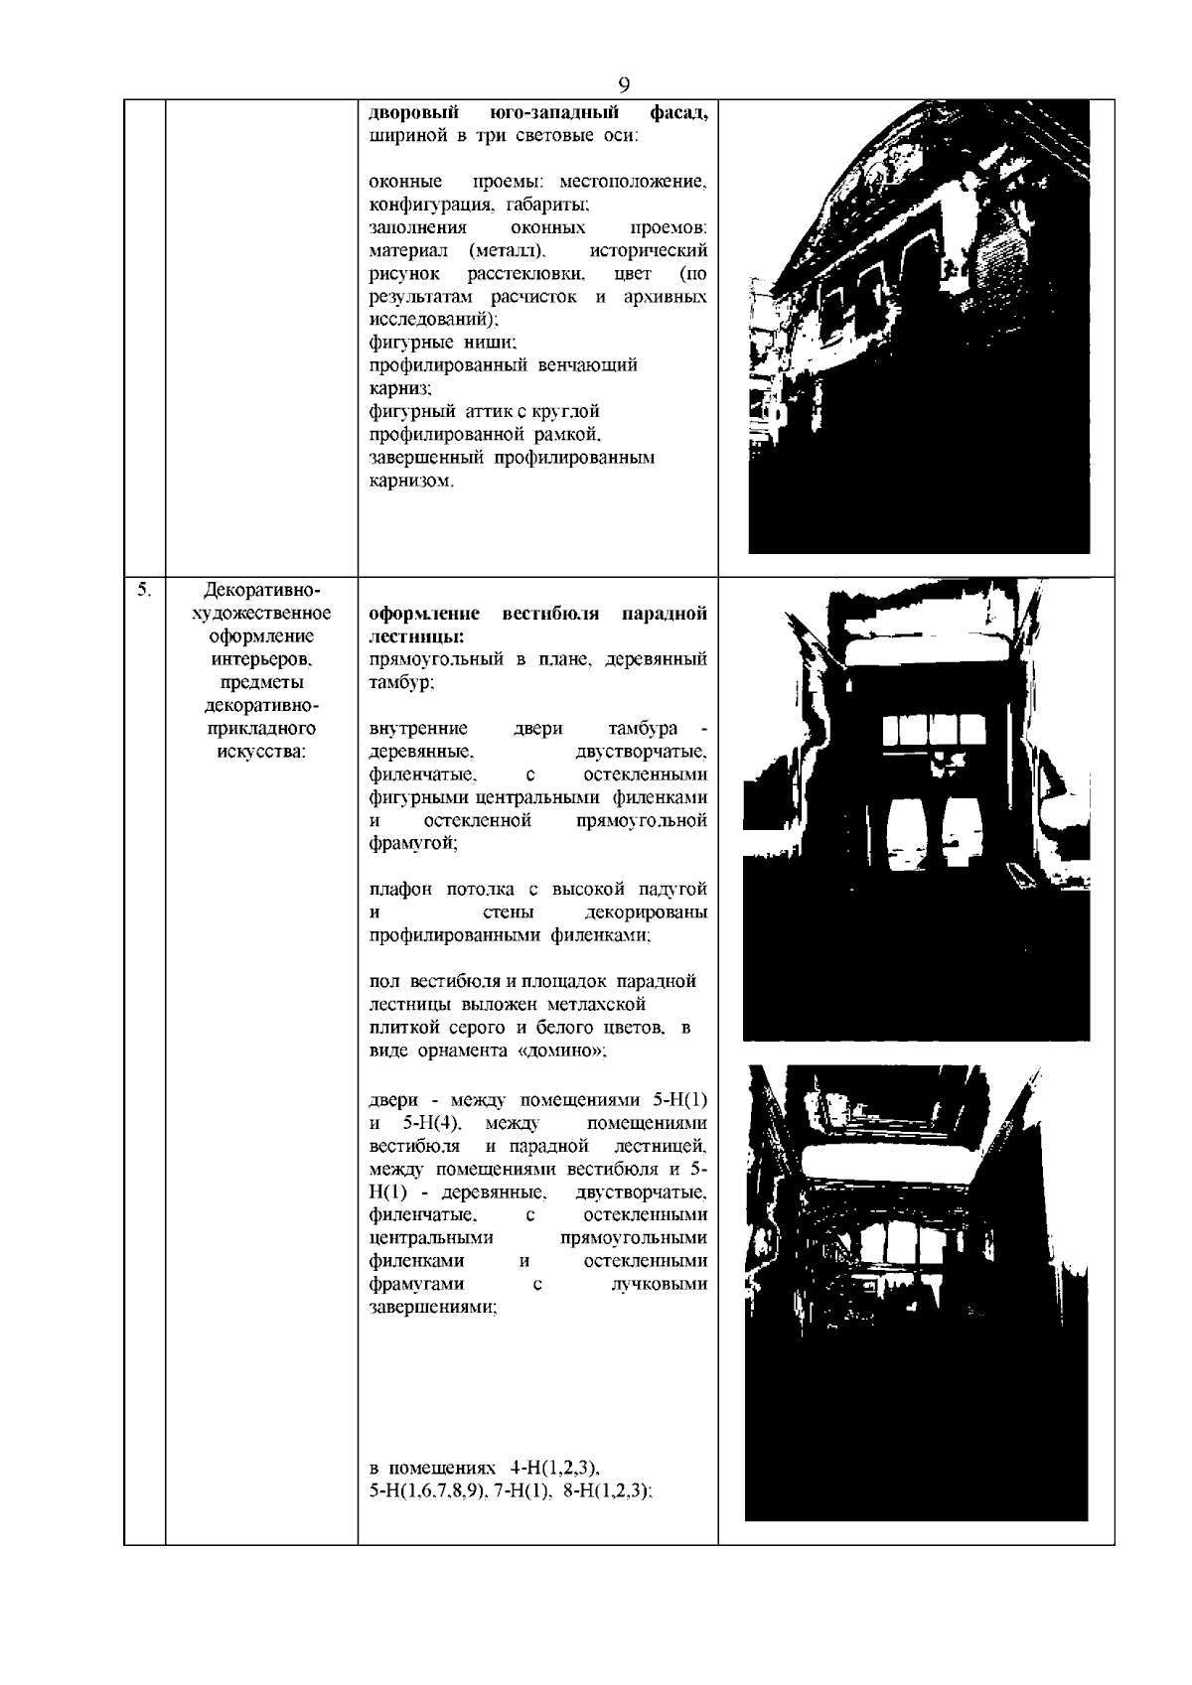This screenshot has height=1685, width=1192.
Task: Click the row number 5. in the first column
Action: [x=144, y=591]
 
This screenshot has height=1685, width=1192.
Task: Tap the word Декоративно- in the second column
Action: [x=261, y=591]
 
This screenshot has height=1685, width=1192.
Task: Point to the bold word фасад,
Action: [x=679, y=112]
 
